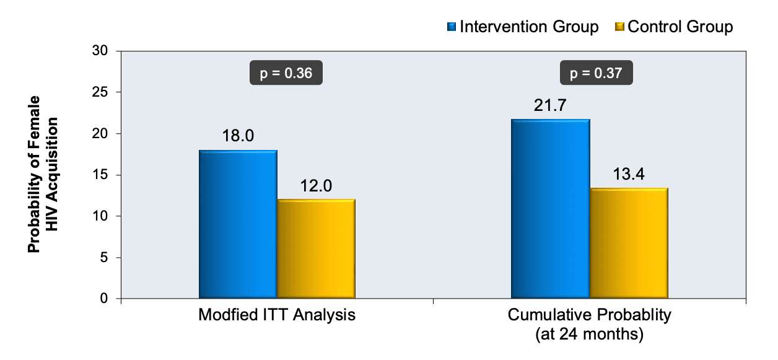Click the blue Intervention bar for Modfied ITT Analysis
pos(238,225)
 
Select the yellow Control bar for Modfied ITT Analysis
pos(316,249)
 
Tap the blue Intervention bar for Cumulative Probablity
pos(550,209)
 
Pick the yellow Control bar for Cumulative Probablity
pos(628,244)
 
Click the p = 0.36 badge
pos(286,74)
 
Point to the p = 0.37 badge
pos(597,74)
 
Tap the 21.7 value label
pos(550,105)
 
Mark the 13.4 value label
pos(628,174)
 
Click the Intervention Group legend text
pos(530,27)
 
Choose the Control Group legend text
pos(680,27)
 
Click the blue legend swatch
pos(452,27)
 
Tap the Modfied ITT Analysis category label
pos(277,315)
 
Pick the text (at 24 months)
pos(589,334)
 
